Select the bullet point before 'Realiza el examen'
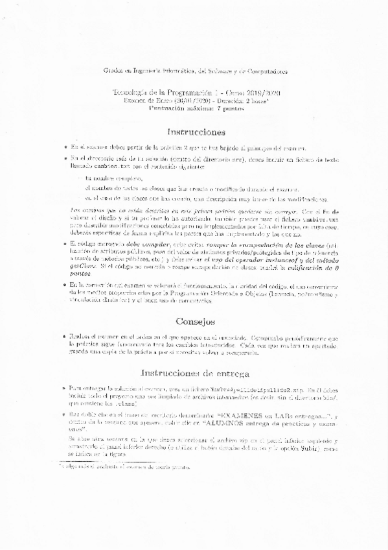tap(75, 336)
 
